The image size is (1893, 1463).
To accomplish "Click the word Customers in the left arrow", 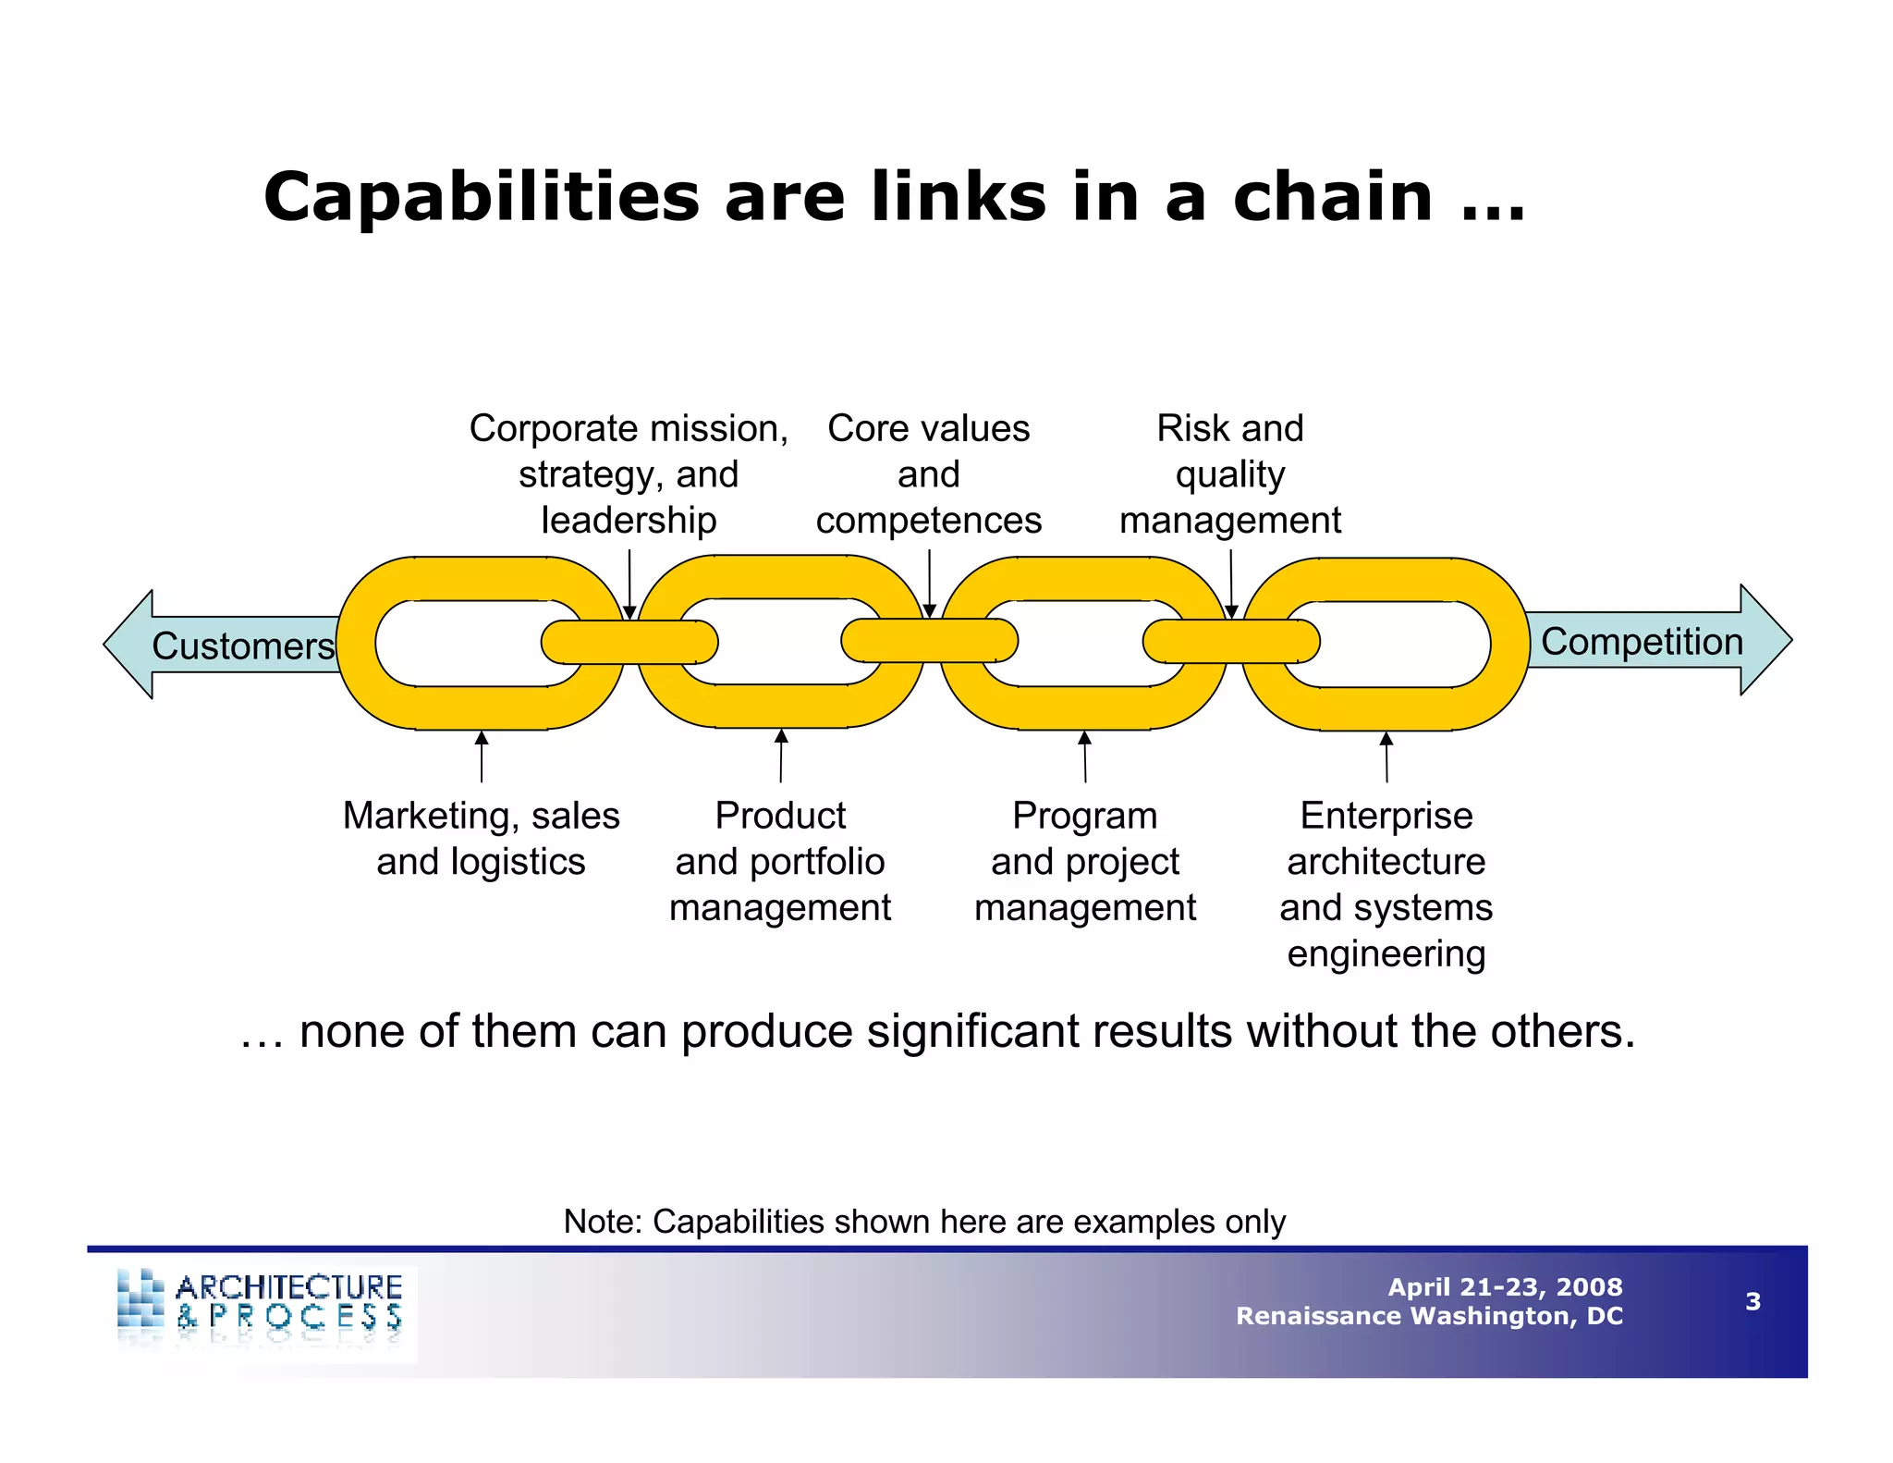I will (x=243, y=645).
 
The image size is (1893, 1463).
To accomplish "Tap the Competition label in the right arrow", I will (x=1642, y=641).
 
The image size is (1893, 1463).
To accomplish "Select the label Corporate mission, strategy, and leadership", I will (x=629, y=474).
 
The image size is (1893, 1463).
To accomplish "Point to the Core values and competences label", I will (x=928, y=474).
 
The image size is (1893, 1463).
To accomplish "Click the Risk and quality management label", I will (x=1229, y=474).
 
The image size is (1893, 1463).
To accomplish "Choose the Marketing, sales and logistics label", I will (x=481, y=839).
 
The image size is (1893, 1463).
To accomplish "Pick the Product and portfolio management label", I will (x=780, y=861).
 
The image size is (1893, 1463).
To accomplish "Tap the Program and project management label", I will (x=1085, y=861).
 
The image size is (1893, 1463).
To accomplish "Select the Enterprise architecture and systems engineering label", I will (x=1386, y=884).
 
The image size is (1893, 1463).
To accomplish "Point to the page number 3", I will (x=1753, y=1301).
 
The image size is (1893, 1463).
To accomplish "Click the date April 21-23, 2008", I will (x=1505, y=1286).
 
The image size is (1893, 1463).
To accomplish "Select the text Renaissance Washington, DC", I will (x=1429, y=1316).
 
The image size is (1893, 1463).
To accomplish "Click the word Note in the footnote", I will (x=602, y=1222).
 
